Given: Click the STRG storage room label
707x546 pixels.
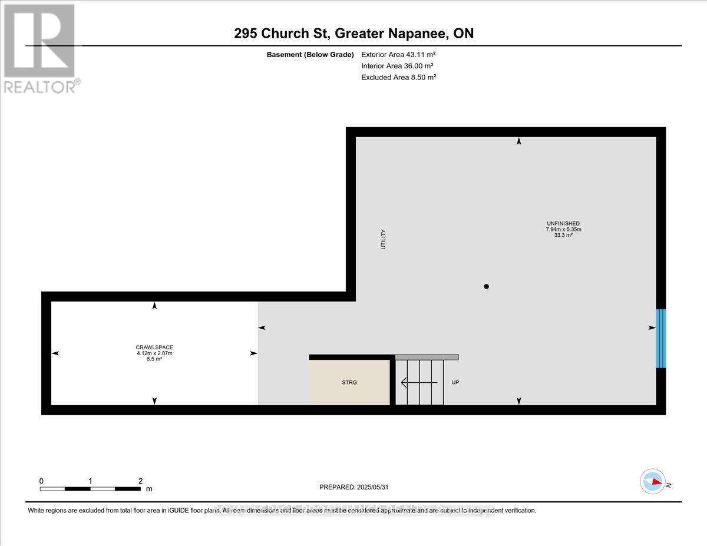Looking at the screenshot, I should coord(349,382).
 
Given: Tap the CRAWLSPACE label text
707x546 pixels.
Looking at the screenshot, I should coord(154,347).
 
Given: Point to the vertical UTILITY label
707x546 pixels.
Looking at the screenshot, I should coord(383,239).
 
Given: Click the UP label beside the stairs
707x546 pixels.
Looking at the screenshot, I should coord(455,382).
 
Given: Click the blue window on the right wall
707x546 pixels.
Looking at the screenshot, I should coord(660,338).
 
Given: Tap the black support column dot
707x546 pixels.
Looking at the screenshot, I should coord(486,287).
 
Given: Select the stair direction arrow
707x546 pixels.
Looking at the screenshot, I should coord(419,382).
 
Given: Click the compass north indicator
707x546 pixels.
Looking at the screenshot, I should coord(652,481).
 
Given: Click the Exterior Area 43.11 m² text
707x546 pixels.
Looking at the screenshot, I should coord(398,54).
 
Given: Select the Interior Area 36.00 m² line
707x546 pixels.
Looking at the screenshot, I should coord(398,65).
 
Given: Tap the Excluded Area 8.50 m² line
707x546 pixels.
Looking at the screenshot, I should coord(398,77).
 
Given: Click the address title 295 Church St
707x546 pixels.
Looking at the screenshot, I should coord(353,34).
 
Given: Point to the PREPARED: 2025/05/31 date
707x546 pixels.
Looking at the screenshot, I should coord(353,487).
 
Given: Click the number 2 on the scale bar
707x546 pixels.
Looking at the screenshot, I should coord(140,481).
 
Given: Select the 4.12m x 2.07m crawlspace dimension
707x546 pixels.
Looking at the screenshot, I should coord(154,353).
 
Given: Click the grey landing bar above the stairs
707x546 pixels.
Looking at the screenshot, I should coord(427,357).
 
